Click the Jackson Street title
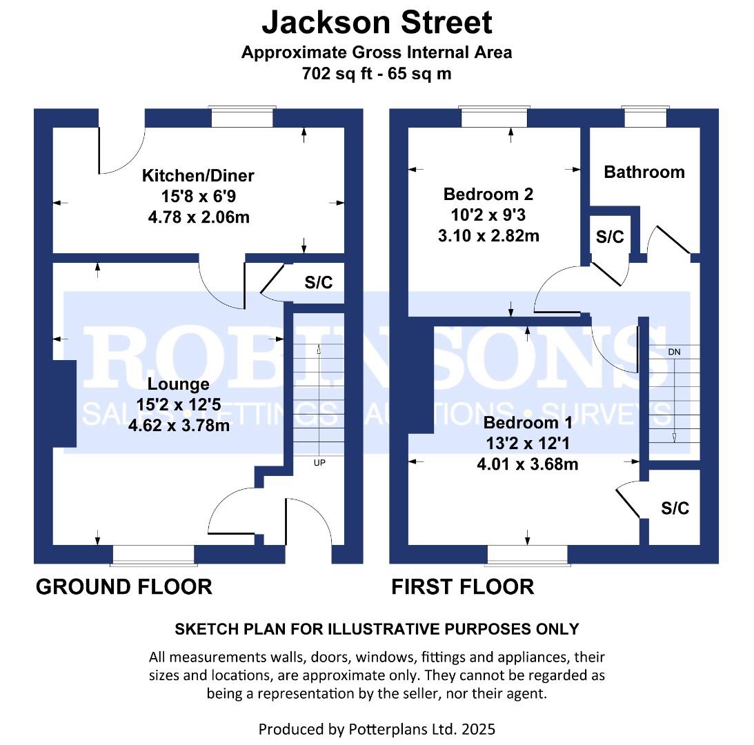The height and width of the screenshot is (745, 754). point(377,22)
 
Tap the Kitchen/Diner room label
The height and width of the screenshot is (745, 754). point(198,176)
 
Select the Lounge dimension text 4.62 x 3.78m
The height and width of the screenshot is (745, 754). point(179,426)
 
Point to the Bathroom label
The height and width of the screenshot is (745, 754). point(644,172)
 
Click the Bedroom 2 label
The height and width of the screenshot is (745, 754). point(488,194)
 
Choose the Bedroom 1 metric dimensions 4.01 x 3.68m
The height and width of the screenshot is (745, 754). point(527,464)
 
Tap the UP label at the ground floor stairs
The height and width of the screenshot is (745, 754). point(319,463)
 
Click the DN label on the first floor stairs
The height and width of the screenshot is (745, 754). point(674,352)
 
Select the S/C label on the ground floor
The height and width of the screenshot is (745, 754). point(318,281)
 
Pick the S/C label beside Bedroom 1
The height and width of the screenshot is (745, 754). point(675,509)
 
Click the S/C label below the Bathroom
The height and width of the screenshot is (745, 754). point(609,237)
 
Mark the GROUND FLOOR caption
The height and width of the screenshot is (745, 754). point(123,587)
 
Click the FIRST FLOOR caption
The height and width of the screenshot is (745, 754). point(462,587)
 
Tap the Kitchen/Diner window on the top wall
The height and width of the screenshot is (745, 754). point(242,118)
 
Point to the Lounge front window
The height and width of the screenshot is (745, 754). point(153,554)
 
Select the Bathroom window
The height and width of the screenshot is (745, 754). point(646,118)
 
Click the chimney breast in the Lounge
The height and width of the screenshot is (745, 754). point(64,404)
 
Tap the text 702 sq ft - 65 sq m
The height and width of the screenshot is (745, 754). point(377,73)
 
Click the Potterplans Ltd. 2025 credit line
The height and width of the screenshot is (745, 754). point(377,728)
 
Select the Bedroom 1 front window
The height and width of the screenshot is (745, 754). point(528,554)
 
